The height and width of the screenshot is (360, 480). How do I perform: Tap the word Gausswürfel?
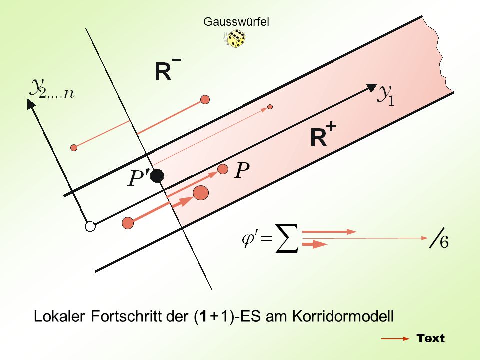click(x=236, y=22)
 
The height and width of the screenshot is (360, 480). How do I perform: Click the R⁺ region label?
click(x=323, y=135)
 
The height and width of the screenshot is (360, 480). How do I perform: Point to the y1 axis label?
click(x=386, y=95)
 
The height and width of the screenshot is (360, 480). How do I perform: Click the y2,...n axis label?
click(x=51, y=89)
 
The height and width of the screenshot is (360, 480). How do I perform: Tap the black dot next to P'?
click(x=157, y=176)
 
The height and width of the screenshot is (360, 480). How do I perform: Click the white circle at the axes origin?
click(x=90, y=227)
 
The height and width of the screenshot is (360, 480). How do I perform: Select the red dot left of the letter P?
click(x=223, y=169)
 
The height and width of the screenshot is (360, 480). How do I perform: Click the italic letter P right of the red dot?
click(x=242, y=170)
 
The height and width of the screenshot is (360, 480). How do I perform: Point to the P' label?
click(x=138, y=178)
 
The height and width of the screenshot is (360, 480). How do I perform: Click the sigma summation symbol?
click(x=287, y=239)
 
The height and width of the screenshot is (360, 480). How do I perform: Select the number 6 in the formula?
click(x=444, y=242)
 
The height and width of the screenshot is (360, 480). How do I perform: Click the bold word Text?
click(x=430, y=338)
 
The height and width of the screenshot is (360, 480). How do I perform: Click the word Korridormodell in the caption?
click(x=343, y=316)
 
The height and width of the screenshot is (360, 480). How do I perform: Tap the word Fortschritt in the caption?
click(x=126, y=316)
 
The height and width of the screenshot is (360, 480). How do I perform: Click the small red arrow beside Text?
click(x=395, y=339)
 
